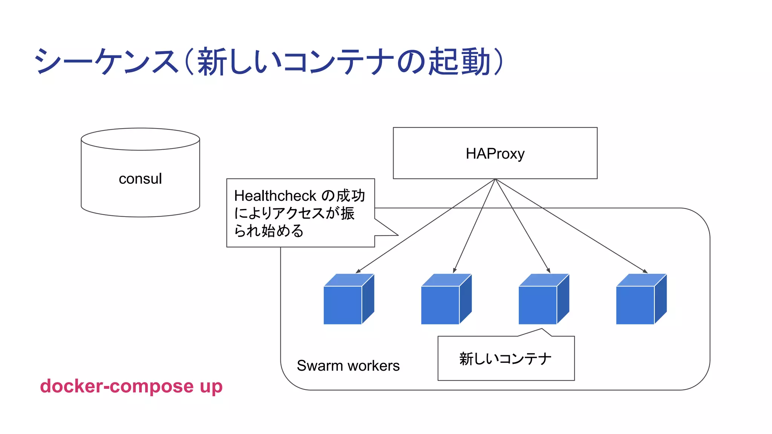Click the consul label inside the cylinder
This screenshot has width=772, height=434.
click(x=140, y=179)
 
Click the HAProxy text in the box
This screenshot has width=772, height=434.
click(x=495, y=154)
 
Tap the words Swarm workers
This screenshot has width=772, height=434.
click(x=348, y=366)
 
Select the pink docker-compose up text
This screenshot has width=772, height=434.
click(x=131, y=386)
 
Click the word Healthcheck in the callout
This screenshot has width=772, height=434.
click(x=275, y=196)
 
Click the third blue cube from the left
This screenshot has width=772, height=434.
click(x=543, y=300)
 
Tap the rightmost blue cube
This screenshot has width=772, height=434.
click(x=641, y=300)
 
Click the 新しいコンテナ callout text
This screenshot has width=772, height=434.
click(x=505, y=359)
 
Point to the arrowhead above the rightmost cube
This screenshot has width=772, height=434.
click(x=646, y=272)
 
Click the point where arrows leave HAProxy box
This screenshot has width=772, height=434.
click(x=495, y=179)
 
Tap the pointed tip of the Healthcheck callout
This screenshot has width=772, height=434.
click(x=398, y=235)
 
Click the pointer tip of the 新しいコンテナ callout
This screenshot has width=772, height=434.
click(x=542, y=329)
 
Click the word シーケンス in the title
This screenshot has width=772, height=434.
click(x=106, y=61)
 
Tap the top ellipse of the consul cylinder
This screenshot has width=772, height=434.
click(x=140, y=139)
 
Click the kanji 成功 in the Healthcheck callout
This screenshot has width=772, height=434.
click(x=351, y=196)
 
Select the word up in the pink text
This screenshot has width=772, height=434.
click(x=211, y=387)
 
